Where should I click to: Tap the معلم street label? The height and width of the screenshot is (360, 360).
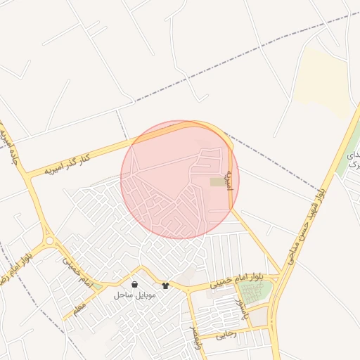pos(79,306)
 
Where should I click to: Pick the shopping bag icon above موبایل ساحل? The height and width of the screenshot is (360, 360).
pos(134,285)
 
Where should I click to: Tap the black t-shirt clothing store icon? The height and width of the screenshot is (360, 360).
pos(165,285)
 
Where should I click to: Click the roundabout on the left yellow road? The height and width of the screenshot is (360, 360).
pos(49,241)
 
